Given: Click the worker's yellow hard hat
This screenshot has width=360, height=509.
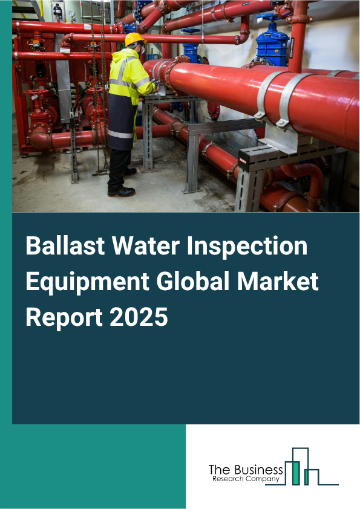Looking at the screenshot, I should pos(134,40).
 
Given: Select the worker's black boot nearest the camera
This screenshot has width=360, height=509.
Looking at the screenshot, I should pos(120,192).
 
